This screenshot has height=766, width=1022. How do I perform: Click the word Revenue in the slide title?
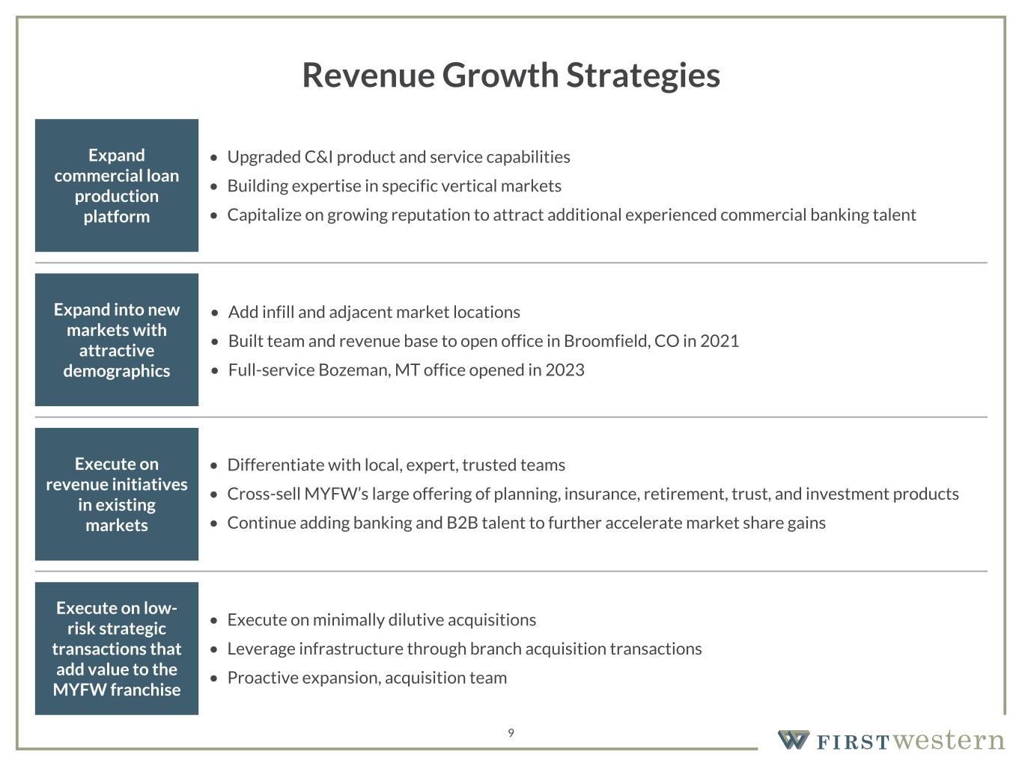(368, 76)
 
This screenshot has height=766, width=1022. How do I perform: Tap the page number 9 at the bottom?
(511, 733)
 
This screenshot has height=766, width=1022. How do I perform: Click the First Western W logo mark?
(794, 740)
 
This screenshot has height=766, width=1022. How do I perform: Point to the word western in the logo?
(949, 740)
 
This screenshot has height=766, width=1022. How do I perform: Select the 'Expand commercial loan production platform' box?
(116, 185)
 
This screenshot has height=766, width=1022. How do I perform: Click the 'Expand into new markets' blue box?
(116, 340)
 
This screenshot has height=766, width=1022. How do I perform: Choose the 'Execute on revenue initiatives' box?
(116, 494)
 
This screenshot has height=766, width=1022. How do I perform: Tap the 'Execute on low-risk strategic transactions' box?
(116, 649)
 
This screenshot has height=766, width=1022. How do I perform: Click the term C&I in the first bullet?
(318, 157)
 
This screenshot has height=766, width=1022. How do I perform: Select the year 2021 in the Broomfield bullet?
(720, 341)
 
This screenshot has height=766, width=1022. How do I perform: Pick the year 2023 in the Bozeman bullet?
(565, 370)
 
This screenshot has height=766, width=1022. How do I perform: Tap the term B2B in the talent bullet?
(463, 523)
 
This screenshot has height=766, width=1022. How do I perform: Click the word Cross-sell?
(264, 494)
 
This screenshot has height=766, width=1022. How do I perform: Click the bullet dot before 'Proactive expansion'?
(213, 678)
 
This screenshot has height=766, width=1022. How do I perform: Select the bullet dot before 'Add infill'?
(215, 313)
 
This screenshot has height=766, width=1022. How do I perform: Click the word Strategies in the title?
(643, 76)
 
